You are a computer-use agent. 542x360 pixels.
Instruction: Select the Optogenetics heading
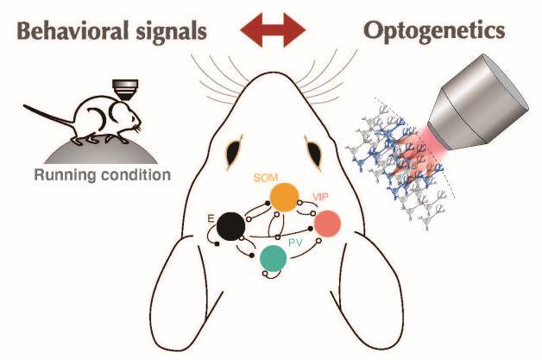coord(433,31)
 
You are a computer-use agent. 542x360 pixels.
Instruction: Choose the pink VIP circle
coord(327,224)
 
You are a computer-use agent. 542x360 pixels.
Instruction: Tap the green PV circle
coord(274,257)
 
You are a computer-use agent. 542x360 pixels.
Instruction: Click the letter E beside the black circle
coord(211,219)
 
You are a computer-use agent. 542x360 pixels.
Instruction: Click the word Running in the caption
coord(63,178)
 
